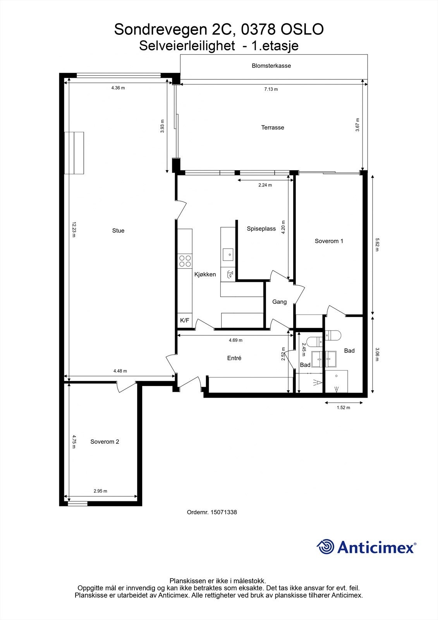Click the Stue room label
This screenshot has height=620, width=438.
(x=118, y=231)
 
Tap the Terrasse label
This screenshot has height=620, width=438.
(x=273, y=127)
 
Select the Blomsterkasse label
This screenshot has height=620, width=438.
(x=271, y=66)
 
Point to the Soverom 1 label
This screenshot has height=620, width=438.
(x=329, y=241)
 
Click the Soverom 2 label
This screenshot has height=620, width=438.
(x=105, y=442)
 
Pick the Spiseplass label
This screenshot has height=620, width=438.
(x=261, y=229)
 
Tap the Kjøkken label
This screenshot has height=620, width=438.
(x=205, y=274)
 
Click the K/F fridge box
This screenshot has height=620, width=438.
(x=185, y=320)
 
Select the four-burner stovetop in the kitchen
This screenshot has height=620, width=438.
(x=185, y=261)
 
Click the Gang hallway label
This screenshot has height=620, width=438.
(x=279, y=302)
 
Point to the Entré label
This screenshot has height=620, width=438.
(x=234, y=358)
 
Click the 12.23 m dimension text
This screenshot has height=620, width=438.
(x=74, y=229)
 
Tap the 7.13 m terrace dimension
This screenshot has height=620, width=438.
(x=271, y=89)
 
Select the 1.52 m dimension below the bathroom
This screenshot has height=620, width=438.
(x=343, y=408)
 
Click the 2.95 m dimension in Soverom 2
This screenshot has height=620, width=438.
(x=100, y=491)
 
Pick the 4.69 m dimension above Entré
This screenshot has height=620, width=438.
(x=235, y=340)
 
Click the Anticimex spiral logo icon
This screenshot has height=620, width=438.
(x=325, y=547)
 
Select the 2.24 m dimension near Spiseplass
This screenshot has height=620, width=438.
(x=265, y=185)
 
